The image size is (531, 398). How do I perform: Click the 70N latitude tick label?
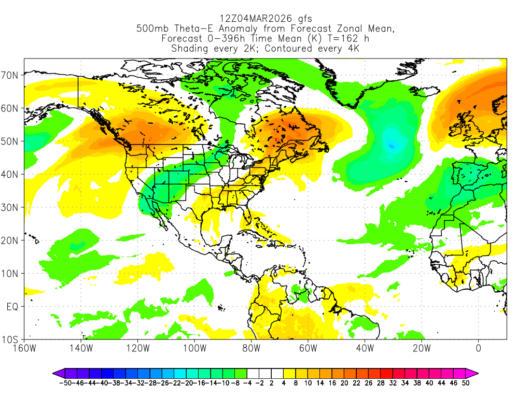[10, 75]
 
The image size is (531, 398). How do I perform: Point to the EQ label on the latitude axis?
[12, 307]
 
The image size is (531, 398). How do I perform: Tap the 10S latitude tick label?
[10, 340]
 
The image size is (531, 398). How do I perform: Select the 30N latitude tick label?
[10, 208]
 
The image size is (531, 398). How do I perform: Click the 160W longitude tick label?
[24, 348]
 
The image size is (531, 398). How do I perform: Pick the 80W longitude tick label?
[251, 348]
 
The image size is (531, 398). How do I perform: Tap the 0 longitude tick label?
[478, 348]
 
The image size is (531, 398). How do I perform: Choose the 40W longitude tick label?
[365, 348]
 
